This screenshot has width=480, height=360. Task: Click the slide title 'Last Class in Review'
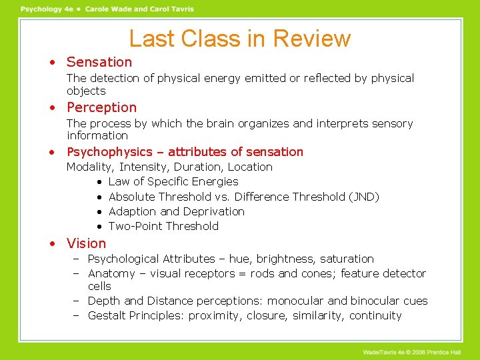coord(239,38)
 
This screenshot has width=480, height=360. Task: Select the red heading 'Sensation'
coord(99,62)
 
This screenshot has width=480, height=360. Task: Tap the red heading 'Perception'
coord(101,107)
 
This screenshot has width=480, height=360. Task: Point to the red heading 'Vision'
coord(86,243)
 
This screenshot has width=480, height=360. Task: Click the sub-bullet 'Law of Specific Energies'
coord(173,181)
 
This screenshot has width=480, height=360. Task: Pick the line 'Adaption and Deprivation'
coord(176,211)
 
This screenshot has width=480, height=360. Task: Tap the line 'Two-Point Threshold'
coord(163,226)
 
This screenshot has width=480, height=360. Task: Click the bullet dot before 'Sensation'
coord(51,63)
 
